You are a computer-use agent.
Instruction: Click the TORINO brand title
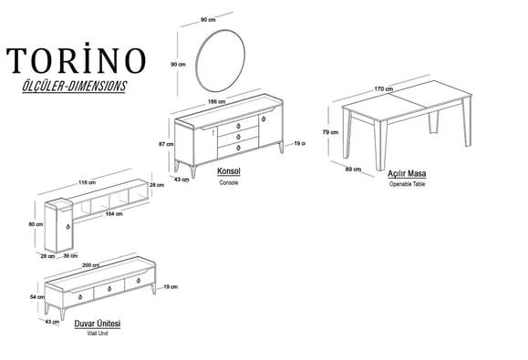point(76,58)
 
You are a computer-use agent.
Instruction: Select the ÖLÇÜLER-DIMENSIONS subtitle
point(75,87)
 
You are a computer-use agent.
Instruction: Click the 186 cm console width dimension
point(216,101)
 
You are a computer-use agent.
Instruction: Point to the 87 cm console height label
point(166,144)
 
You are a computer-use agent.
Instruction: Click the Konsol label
point(229,171)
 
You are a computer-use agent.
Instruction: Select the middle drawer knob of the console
point(238,137)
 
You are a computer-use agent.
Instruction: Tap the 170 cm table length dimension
point(384,89)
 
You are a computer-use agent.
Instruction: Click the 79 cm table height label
point(330,132)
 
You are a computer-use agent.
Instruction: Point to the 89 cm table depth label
point(353,169)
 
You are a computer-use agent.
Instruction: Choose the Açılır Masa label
point(407,173)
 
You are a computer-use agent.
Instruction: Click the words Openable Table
point(407,184)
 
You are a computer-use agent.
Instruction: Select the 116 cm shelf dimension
point(88,182)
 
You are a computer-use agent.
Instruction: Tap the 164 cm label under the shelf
point(114,213)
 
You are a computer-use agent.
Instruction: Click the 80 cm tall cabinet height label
point(36,224)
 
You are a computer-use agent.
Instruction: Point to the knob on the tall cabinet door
point(68,227)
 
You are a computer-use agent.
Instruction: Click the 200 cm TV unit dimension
point(91,265)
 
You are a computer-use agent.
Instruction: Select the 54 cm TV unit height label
point(37,297)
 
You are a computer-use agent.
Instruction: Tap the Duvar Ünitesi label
point(98,324)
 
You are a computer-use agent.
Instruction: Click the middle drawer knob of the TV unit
point(109,289)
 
